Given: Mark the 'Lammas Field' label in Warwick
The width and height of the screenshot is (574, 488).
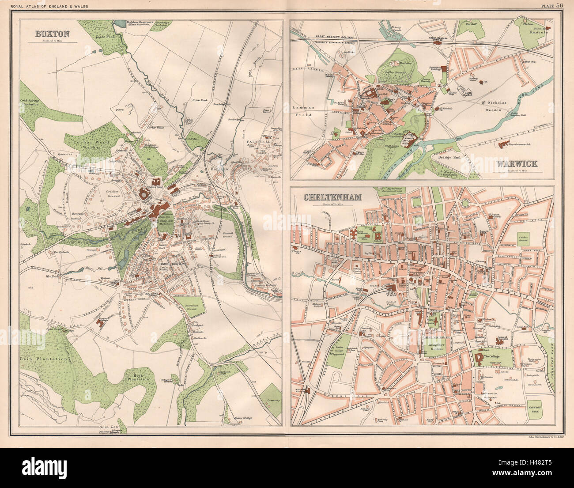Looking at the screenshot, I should tap(302, 111).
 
